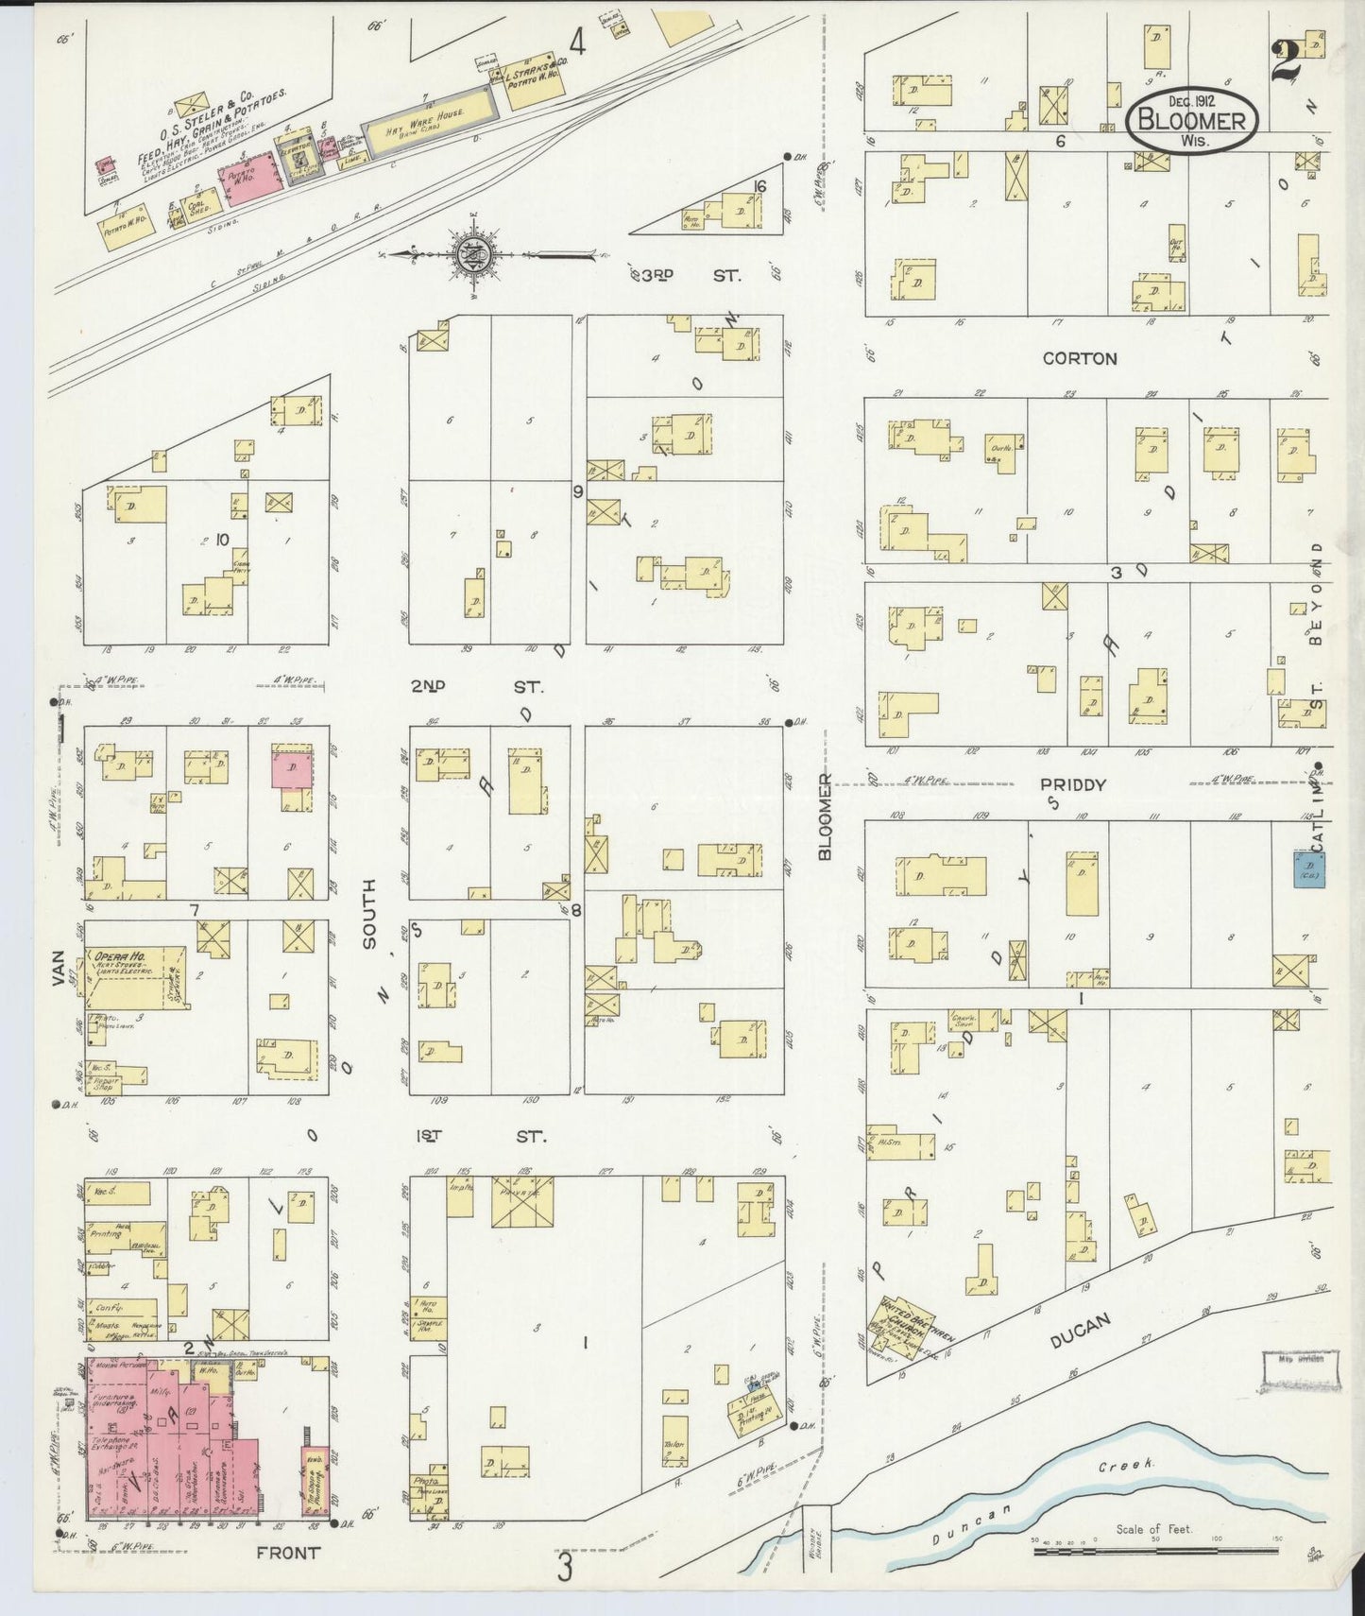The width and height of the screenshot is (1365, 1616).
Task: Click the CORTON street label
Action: (x=1080, y=359)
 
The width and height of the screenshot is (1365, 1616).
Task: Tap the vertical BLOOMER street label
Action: (x=825, y=817)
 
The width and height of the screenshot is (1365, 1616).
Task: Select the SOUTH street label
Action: (x=367, y=914)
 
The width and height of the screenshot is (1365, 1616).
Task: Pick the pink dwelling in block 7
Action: (x=293, y=767)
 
